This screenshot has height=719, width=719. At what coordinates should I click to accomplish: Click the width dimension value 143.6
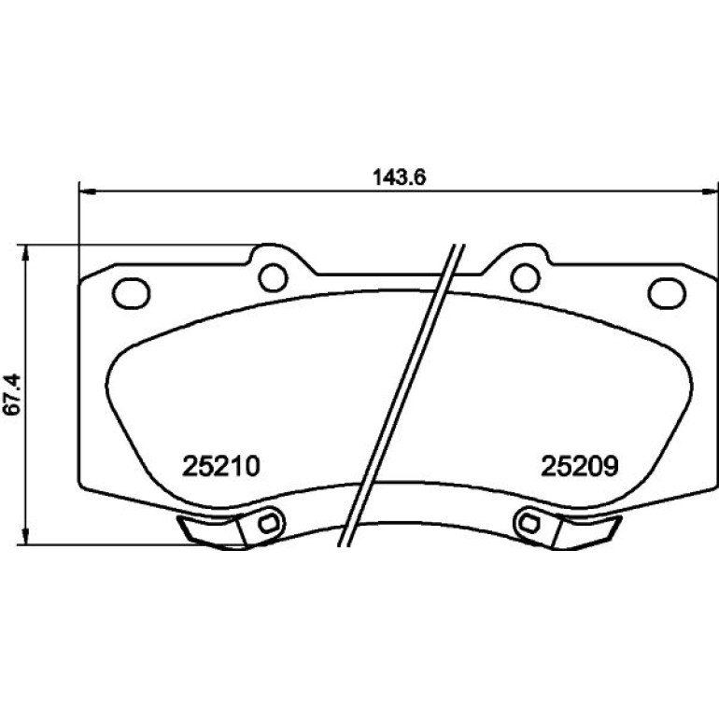coord(400,177)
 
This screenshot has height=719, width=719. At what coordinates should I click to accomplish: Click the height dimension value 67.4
coord(11,394)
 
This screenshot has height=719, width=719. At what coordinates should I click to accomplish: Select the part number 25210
coord(221,466)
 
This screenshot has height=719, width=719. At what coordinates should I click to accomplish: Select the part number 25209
coord(580,466)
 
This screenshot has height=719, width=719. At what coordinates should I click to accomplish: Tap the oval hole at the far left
coord(132,293)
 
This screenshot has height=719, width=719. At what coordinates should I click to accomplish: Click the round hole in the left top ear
coord(273,277)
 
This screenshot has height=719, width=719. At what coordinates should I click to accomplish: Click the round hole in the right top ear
coord(526,277)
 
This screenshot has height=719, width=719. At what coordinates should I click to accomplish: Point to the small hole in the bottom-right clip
coord(529,522)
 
